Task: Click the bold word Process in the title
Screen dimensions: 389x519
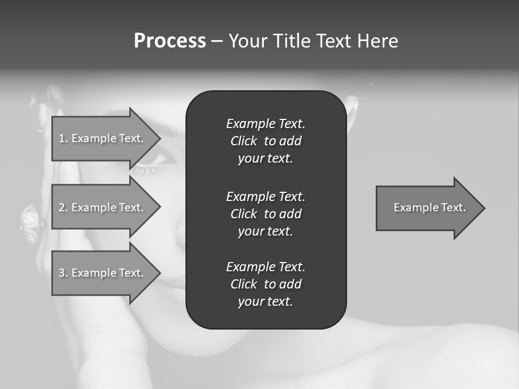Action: coord(170,41)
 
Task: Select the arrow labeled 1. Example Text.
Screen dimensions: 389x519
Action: coord(102,138)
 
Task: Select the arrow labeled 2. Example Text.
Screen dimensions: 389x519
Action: coord(102,207)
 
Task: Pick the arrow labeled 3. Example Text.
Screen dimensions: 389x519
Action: coord(102,273)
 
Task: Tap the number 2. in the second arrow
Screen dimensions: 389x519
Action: coord(63,207)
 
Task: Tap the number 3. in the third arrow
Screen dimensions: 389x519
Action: coord(63,273)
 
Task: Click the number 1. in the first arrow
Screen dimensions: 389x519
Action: coord(63,138)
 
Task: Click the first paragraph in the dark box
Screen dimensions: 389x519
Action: coord(265,141)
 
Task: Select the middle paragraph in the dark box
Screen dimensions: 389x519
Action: coord(265,214)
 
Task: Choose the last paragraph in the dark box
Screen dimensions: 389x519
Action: coord(265,284)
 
